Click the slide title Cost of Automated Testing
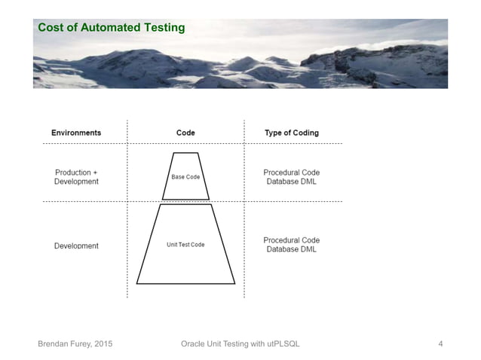[112, 28]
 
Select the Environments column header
[76, 133]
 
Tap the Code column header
[185, 133]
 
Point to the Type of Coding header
[292, 133]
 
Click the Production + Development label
[76, 177]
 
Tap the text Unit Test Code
[185, 245]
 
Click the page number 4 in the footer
[440, 344]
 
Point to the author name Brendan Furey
[65, 344]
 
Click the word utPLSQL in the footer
[282, 344]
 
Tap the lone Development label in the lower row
[76, 246]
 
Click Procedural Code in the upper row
[292, 172]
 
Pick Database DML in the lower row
[292, 249]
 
